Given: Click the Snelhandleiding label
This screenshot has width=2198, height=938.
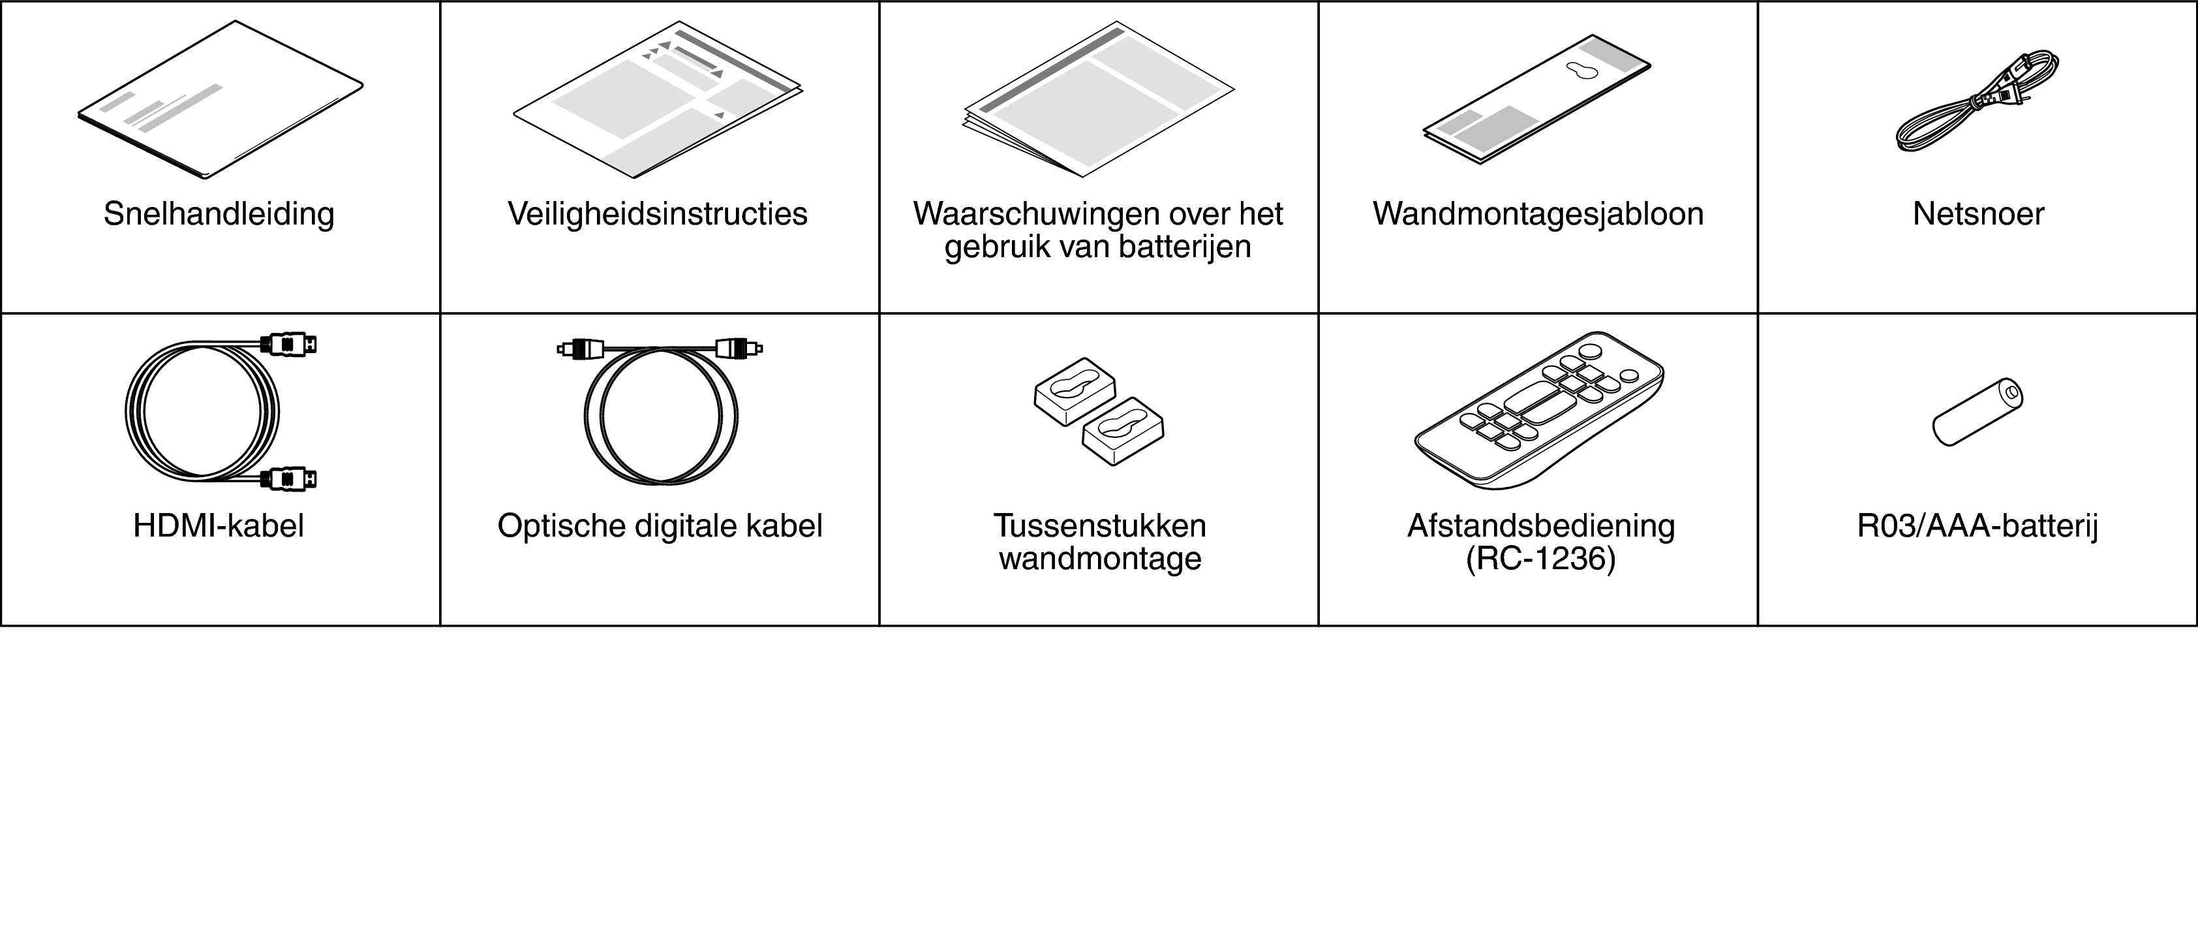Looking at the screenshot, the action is coord(219,214).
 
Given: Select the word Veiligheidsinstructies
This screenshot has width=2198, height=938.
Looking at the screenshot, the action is coord(658,213).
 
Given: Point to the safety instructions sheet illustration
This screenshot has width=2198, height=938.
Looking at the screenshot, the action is coord(658,99).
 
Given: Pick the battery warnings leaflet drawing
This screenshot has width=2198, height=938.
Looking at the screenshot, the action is coord(1099,99).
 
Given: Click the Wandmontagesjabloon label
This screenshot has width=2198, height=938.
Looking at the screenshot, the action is coord(1538,213).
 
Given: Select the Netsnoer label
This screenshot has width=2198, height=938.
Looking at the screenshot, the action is coord(1978,213).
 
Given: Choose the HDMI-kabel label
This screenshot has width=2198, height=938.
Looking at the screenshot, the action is coord(219,525).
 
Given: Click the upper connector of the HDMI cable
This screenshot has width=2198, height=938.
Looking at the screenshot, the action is coord(289,345).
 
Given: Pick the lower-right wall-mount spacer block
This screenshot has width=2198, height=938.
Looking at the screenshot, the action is coord(1123,431).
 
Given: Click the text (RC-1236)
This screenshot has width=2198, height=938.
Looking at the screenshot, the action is coord(1541,559).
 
